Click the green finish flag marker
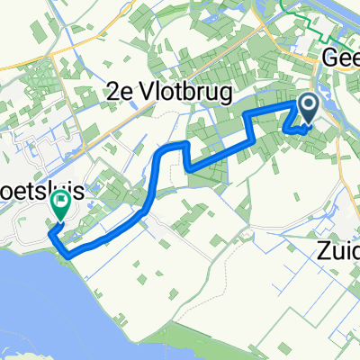(61, 209)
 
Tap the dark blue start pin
(308, 111)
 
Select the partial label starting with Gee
(341, 58)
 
